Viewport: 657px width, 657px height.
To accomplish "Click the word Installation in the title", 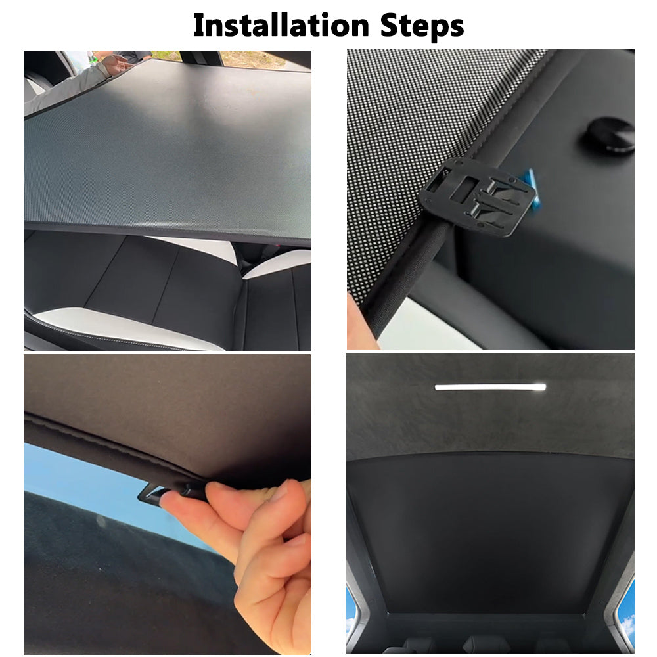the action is pyautogui.click(x=281, y=26).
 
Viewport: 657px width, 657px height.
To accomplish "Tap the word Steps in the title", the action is pyautogui.click(x=422, y=27).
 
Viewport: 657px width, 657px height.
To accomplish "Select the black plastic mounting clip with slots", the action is pyautogui.click(x=478, y=196).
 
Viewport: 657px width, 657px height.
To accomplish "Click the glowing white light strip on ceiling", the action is pyautogui.click(x=491, y=387).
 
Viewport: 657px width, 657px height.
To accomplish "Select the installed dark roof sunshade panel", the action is pyautogui.click(x=490, y=532).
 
